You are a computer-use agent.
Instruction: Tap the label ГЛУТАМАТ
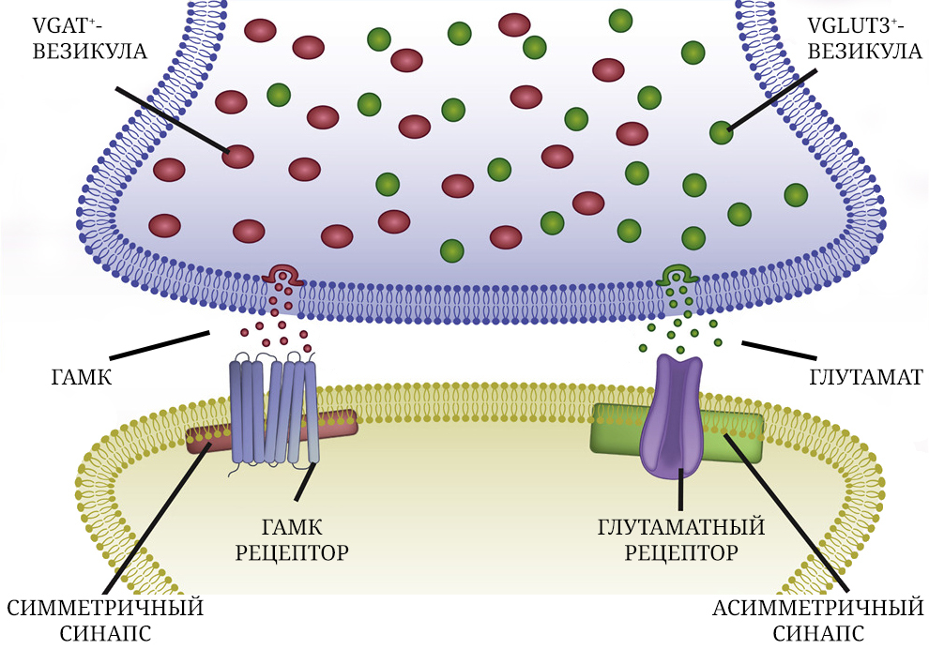866,378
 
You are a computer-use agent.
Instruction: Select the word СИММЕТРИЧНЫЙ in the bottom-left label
105,608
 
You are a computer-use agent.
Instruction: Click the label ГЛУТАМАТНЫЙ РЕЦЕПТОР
680,539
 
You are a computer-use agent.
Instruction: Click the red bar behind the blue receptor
338,424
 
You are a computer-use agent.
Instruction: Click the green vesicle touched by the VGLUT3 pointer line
722,132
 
